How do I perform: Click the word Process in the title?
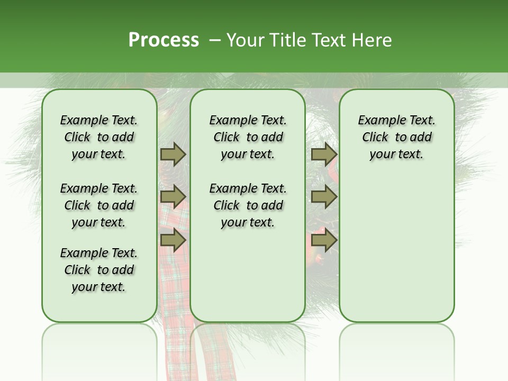pos(164,40)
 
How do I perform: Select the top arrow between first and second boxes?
pos(173,155)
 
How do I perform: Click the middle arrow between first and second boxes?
pos(173,197)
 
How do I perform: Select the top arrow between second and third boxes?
pos(324,155)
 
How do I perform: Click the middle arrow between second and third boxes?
pos(324,197)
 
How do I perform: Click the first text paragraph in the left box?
pos(99,137)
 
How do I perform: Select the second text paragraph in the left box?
pos(99,205)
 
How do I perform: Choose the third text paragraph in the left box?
pos(99,270)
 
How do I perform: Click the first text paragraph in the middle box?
pos(248,137)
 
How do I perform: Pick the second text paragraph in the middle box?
pos(248,205)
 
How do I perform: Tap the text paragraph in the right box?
pos(396,137)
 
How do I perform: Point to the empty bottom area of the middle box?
pos(248,280)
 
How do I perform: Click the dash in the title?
pos(215,40)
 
